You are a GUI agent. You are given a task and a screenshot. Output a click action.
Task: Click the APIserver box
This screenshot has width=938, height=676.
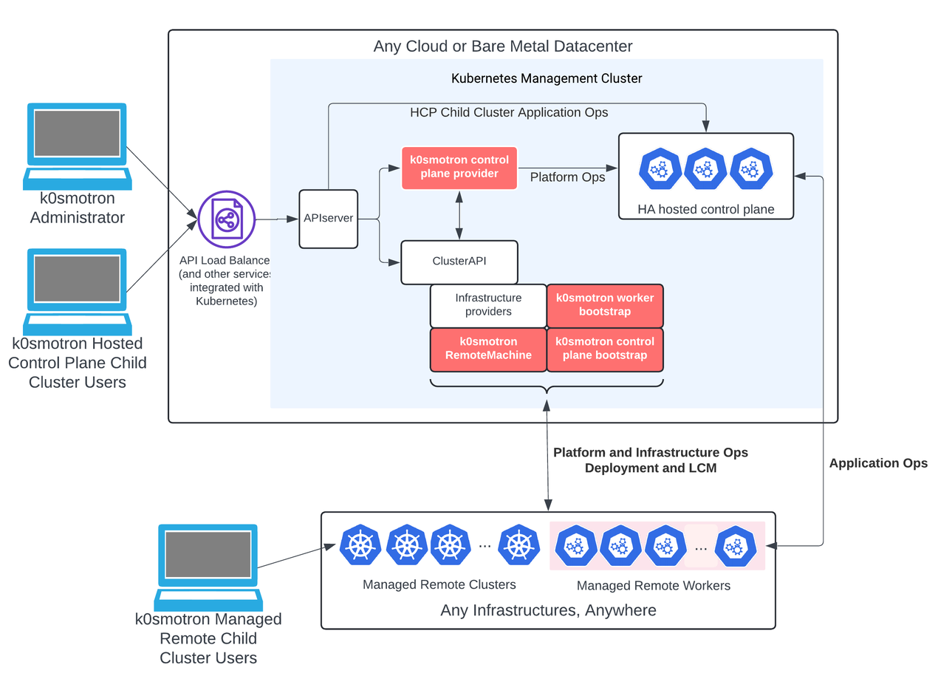328,219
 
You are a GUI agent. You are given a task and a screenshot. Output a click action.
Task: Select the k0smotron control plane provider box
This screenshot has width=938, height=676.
459,167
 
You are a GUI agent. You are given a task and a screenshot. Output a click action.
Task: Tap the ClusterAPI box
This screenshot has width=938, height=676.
459,261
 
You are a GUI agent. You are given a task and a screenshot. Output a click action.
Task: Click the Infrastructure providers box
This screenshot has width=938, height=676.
487,305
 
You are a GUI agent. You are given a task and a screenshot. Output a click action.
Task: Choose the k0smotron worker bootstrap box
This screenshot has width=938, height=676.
604,305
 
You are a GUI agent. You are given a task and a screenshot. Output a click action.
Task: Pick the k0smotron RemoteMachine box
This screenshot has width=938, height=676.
487,349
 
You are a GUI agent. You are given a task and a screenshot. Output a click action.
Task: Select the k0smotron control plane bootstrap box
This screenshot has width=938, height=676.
604,349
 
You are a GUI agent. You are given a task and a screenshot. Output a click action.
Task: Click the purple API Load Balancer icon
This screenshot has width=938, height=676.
227,219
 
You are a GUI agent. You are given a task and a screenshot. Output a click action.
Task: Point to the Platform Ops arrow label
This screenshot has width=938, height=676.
567,177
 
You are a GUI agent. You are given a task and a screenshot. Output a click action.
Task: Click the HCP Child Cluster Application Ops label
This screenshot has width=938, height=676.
509,112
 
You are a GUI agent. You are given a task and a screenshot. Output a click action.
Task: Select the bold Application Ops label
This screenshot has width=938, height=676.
878,463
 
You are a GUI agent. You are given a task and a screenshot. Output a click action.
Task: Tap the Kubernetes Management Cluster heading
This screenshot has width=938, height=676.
547,78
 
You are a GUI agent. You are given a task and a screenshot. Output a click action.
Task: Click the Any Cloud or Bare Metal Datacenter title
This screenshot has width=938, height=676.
503,47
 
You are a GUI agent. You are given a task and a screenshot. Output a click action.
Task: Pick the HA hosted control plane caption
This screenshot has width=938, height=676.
705,209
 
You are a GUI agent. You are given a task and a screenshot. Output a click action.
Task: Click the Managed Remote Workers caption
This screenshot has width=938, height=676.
653,586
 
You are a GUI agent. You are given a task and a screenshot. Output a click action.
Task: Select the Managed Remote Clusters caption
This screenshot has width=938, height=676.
439,584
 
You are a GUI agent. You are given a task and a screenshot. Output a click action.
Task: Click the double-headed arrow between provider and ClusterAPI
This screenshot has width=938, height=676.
459,214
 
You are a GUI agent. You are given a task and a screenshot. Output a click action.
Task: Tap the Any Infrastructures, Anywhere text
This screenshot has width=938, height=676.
548,610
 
